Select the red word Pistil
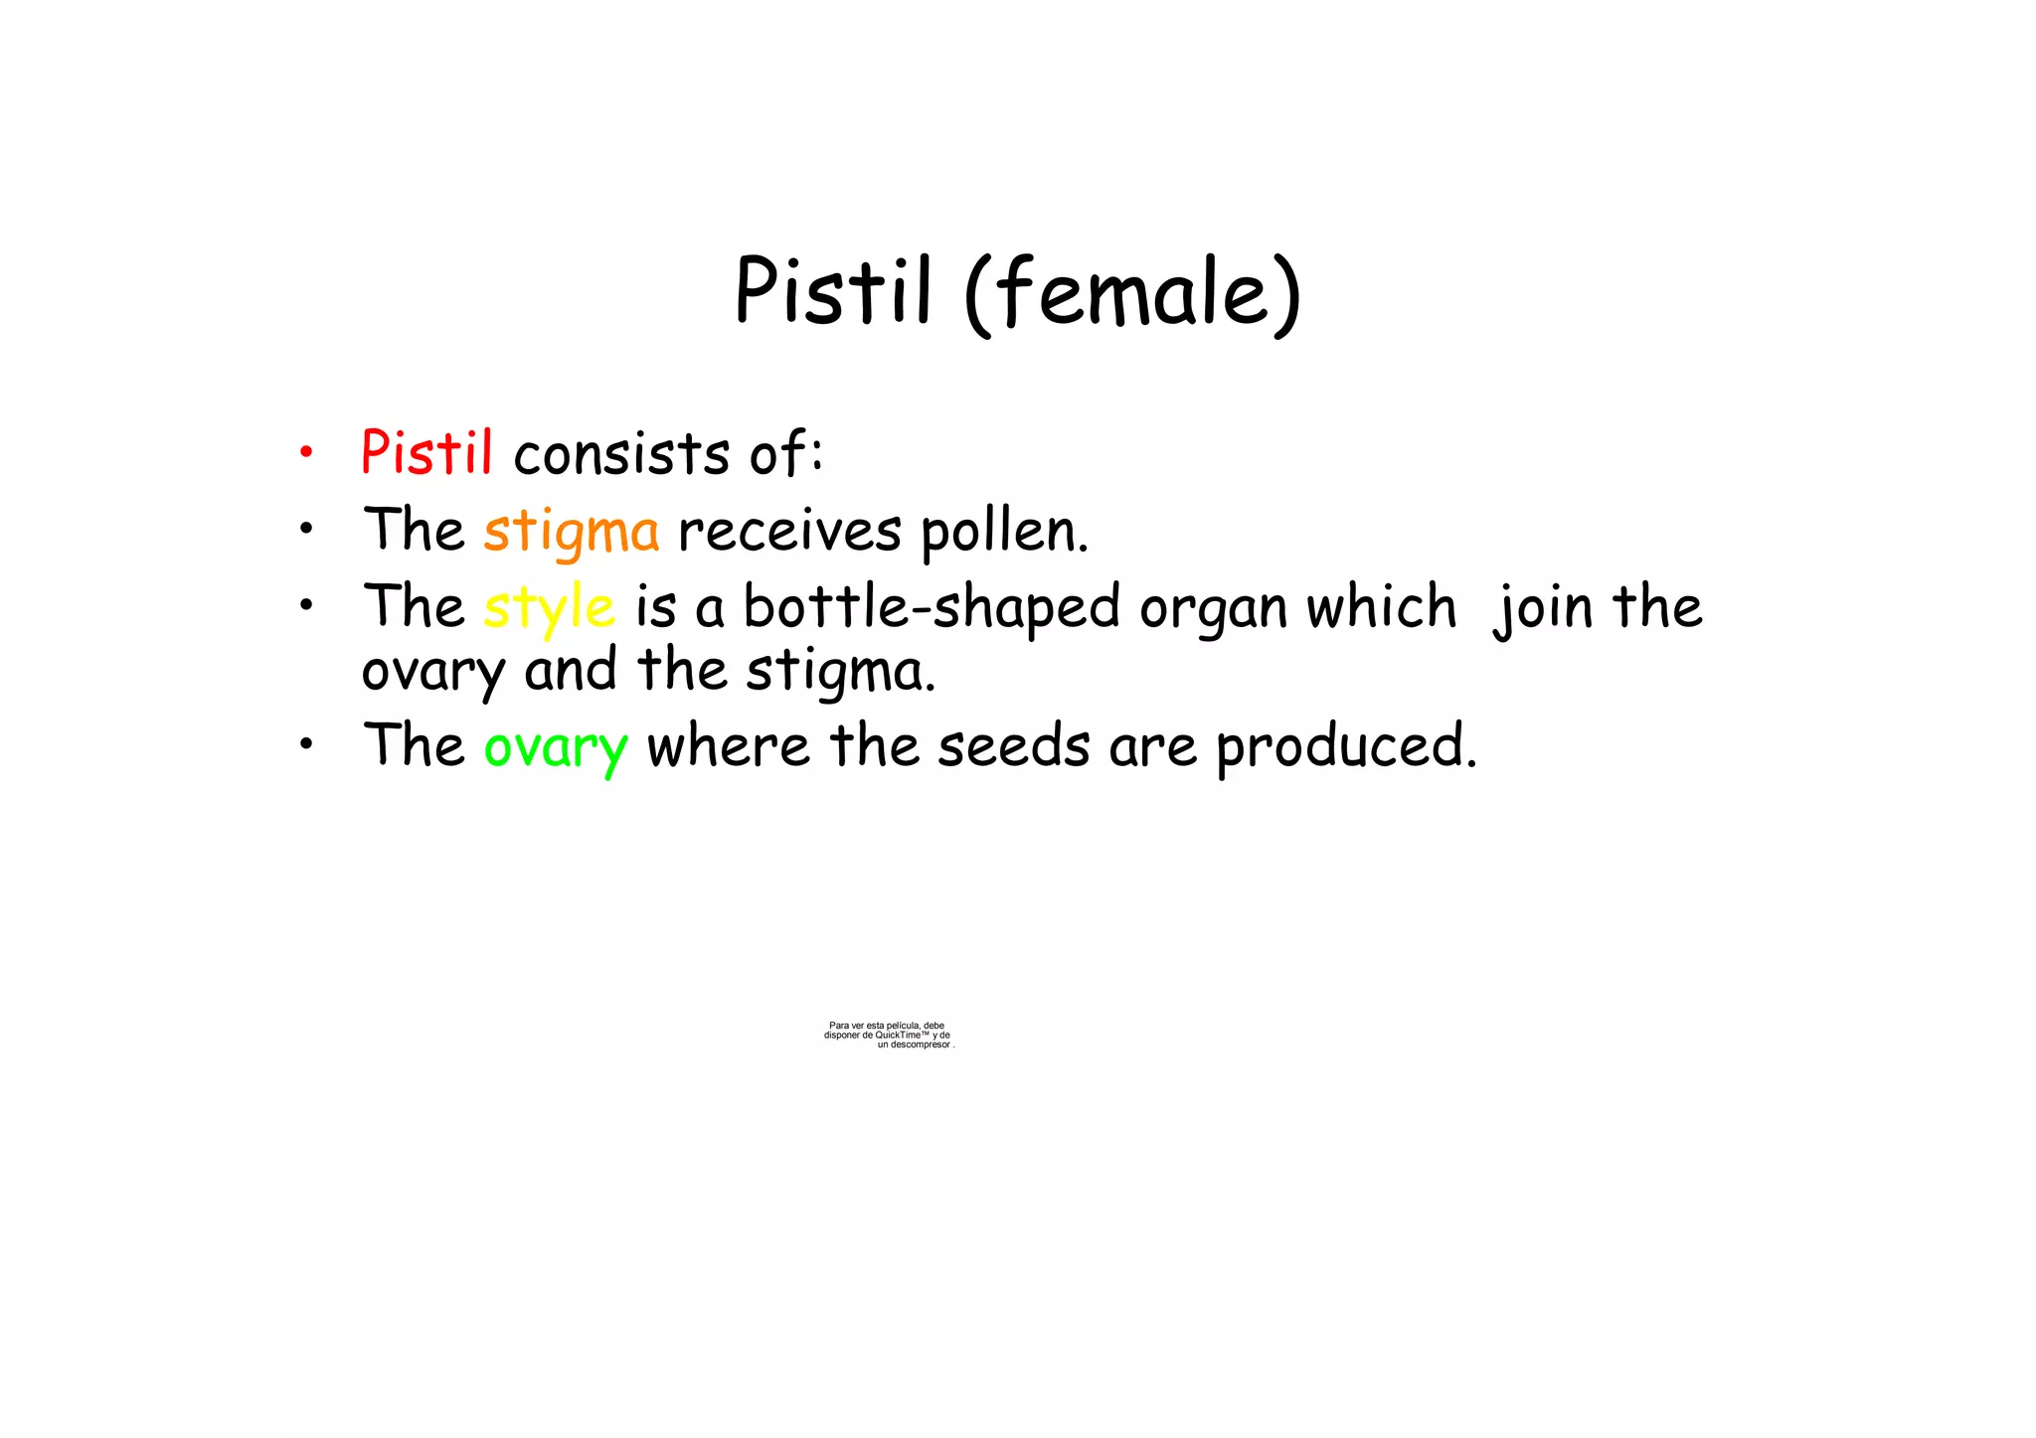(x=426, y=453)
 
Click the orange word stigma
(x=572, y=532)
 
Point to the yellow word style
(x=549, y=608)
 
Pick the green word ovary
(x=556, y=747)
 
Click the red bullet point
(x=306, y=453)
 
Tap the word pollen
(x=1004, y=532)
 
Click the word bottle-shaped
(x=932, y=608)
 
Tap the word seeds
(x=1014, y=746)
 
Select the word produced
(x=1346, y=746)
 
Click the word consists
(x=622, y=454)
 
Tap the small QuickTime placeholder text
(x=888, y=1035)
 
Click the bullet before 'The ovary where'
(x=306, y=743)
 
